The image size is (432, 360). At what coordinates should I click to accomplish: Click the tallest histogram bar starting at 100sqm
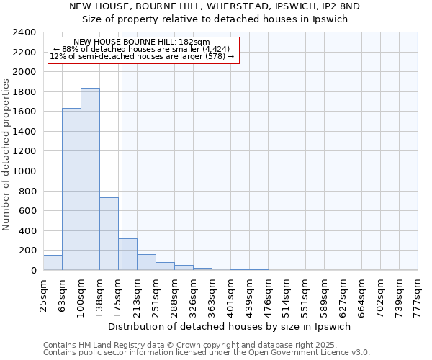click(90, 179)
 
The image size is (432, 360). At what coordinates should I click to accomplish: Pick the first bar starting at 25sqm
click(53, 263)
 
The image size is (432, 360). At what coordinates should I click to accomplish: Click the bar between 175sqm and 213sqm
click(127, 254)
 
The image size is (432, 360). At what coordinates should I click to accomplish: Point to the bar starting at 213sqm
click(146, 262)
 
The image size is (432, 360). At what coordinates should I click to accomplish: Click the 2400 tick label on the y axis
click(24, 32)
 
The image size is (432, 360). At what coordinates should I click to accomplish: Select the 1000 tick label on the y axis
click(24, 171)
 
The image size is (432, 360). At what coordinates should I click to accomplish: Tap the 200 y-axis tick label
click(27, 251)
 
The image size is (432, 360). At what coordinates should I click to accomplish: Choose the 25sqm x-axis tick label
click(44, 295)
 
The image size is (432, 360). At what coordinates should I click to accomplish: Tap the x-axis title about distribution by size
click(230, 326)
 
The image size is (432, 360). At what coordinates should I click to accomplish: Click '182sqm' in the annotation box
click(196, 42)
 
